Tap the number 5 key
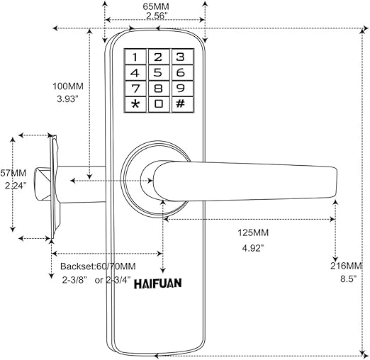pyautogui.click(x=159, y=72)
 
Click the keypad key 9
pyautogui.click(x=182, y=89)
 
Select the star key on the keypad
pyautogui.click(x=135, y=104)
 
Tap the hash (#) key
pyautogui.click(x=182, y=104)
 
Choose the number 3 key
pyautogui.click(x=182, y=57)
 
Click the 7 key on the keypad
pyautogui.click(x=135, y=89)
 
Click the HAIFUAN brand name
pyautogui.click(x=158, y=283)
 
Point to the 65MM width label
pyautogui.click(x=156, y=6)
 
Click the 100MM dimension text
pyautogui.click(x=68, y=86)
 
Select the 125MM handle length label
pyautogui.click(x=253, y=232)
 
